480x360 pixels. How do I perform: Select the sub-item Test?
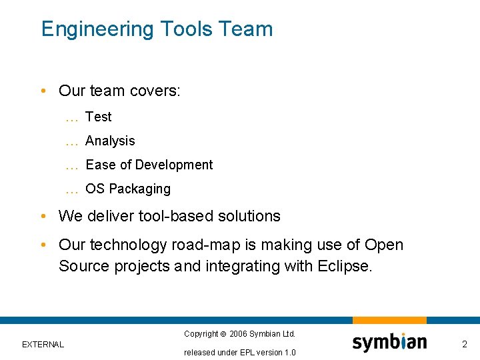99,117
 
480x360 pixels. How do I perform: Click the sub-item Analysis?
110,141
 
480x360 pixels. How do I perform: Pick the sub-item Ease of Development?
149,165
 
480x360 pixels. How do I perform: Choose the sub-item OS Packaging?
128,189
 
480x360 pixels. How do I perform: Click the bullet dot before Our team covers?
43,91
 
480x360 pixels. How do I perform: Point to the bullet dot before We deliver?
43,217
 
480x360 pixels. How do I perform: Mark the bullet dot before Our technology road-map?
43,245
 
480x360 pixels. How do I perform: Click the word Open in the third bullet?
385,245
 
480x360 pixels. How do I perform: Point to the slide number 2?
465,344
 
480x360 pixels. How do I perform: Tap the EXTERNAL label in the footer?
43,345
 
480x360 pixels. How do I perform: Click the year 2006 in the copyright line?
239,333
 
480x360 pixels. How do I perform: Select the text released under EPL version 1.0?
240,352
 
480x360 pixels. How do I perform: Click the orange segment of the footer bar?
389,321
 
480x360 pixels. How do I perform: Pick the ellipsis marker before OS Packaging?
72,189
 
